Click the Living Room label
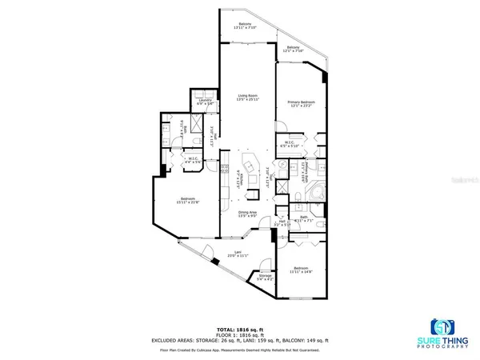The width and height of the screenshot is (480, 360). (246, 98)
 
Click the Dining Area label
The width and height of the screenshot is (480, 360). (246, 214)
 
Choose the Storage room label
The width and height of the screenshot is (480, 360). (265, 278)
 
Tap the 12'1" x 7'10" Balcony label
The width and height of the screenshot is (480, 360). (294, 50)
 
